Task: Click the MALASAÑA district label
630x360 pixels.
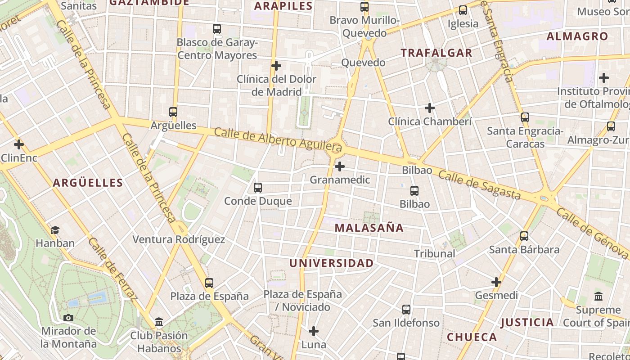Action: pyautogui.click(x=369, y=228)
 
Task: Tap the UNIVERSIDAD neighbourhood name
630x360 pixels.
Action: pyautogui.click(x=331, y=263)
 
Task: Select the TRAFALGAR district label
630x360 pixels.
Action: pyautogui.click(x=436, y=53)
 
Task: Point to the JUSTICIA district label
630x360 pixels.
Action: pyautogui.click(x=527, y=322)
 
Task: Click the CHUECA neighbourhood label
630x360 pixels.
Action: pyautogui.click(x=472, y=337)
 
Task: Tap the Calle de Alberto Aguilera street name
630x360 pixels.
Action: pyautogui.click(x=278, y=139)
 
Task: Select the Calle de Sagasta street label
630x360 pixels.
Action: pyautogui.click(x=479, y=184)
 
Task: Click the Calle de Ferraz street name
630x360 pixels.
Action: pyautogui.click(x=112, y=269)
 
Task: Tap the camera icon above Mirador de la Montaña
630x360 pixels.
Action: pyautogui.click(x=68, y=318)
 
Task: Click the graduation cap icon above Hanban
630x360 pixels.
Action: pyautogui.click(x=55, y=230)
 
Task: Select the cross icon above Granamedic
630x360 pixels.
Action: pyautogui.click(x=340, y=167)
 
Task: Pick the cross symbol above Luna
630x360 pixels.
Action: pyautogui.click(x=314, y=332)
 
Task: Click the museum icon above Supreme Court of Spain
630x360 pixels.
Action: pyautogui.click(x=598, y=297)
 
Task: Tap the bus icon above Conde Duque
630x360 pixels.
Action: pyautogui.click(x=258, y=188)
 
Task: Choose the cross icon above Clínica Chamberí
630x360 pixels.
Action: pyautogui.click(x=430, y=108)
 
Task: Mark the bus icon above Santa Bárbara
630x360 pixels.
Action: pyautogui.click(x=524, y=236)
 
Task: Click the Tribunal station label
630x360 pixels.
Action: pyautogui.click(x=434, y=253)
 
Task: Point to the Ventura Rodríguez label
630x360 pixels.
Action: pyautogui.click(x=178, y=239)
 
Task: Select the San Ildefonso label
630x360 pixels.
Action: pyautogui.click(x=406, y=323)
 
